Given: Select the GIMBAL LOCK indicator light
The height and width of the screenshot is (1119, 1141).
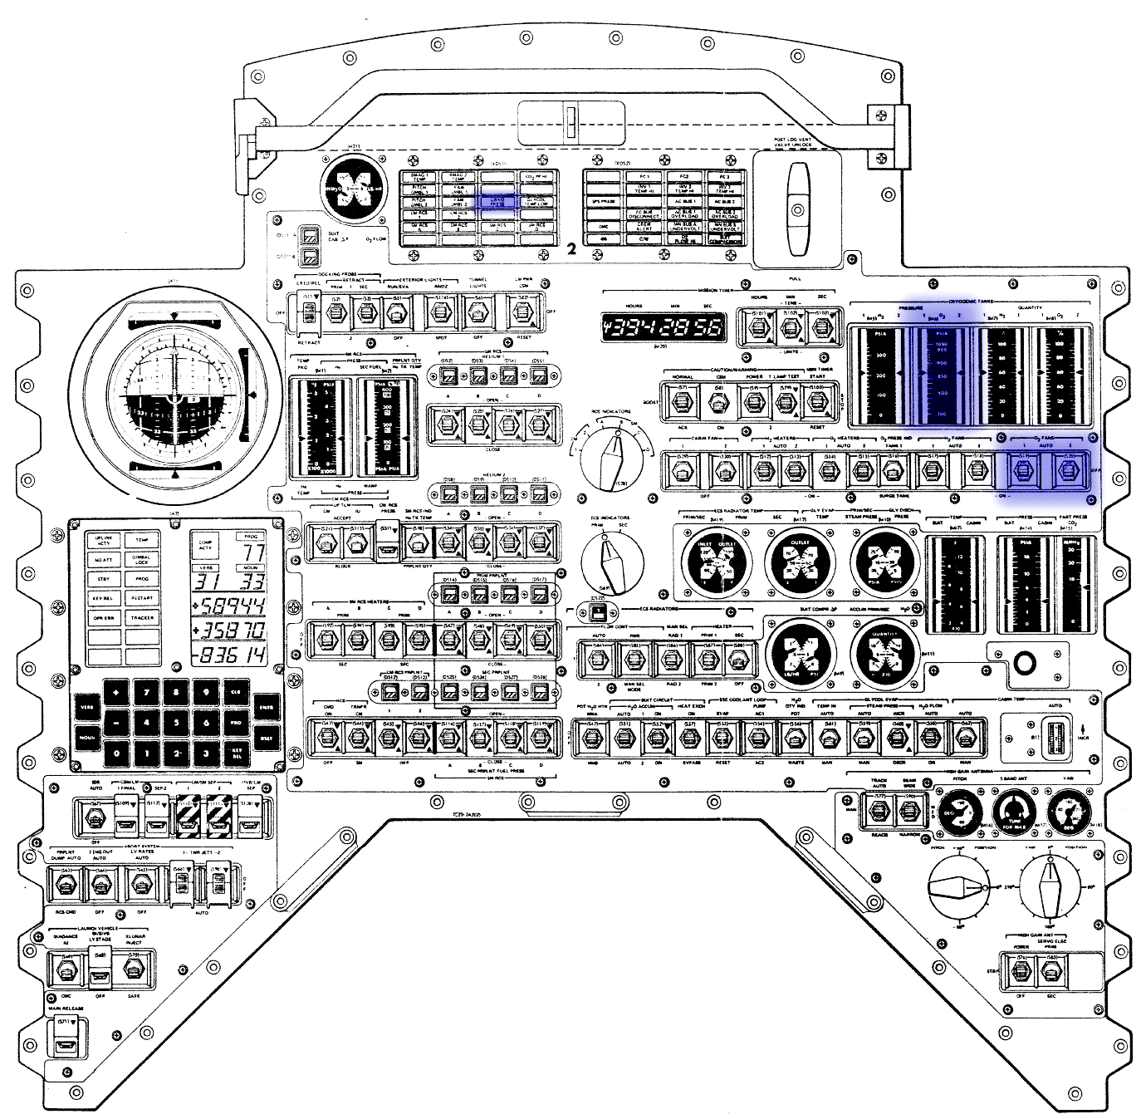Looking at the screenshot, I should pyautogui.click(x=142, y=558).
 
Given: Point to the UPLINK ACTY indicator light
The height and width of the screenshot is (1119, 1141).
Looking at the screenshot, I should pyautogui.click(x=104, y=540).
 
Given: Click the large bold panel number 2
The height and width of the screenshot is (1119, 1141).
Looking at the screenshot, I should pyautogui.click(x=570, y=249).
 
